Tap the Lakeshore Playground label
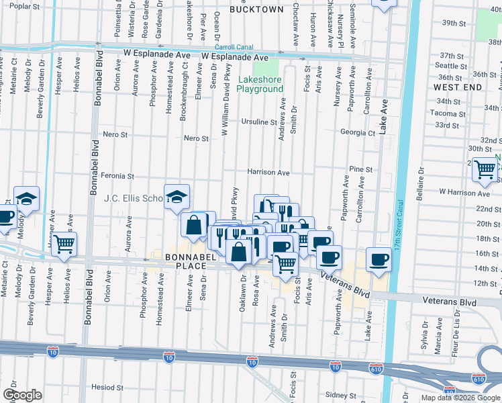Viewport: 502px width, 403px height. pyautogui.click(x=260, y=85)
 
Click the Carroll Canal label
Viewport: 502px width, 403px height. pyautogui.click(x=234, y=48)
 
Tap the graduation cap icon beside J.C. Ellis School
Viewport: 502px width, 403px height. pyautogui.click(x=177, y=196)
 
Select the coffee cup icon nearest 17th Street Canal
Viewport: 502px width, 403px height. pyautogui.click(x=379, y=259)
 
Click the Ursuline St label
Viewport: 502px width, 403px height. pyautogui.click(x=259, y=122)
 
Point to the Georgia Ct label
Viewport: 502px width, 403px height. pyautogui.click(x=357, y=133)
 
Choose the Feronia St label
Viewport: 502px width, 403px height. pyautogui.click(x=117, y=176)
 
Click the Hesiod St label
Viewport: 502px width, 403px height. pyautogui.click(x=107, y=388)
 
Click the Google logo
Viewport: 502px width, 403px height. pyautogui.click(x=22, y=396)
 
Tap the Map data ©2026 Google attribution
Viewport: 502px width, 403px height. pyautogui.click(x=460, y=398)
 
